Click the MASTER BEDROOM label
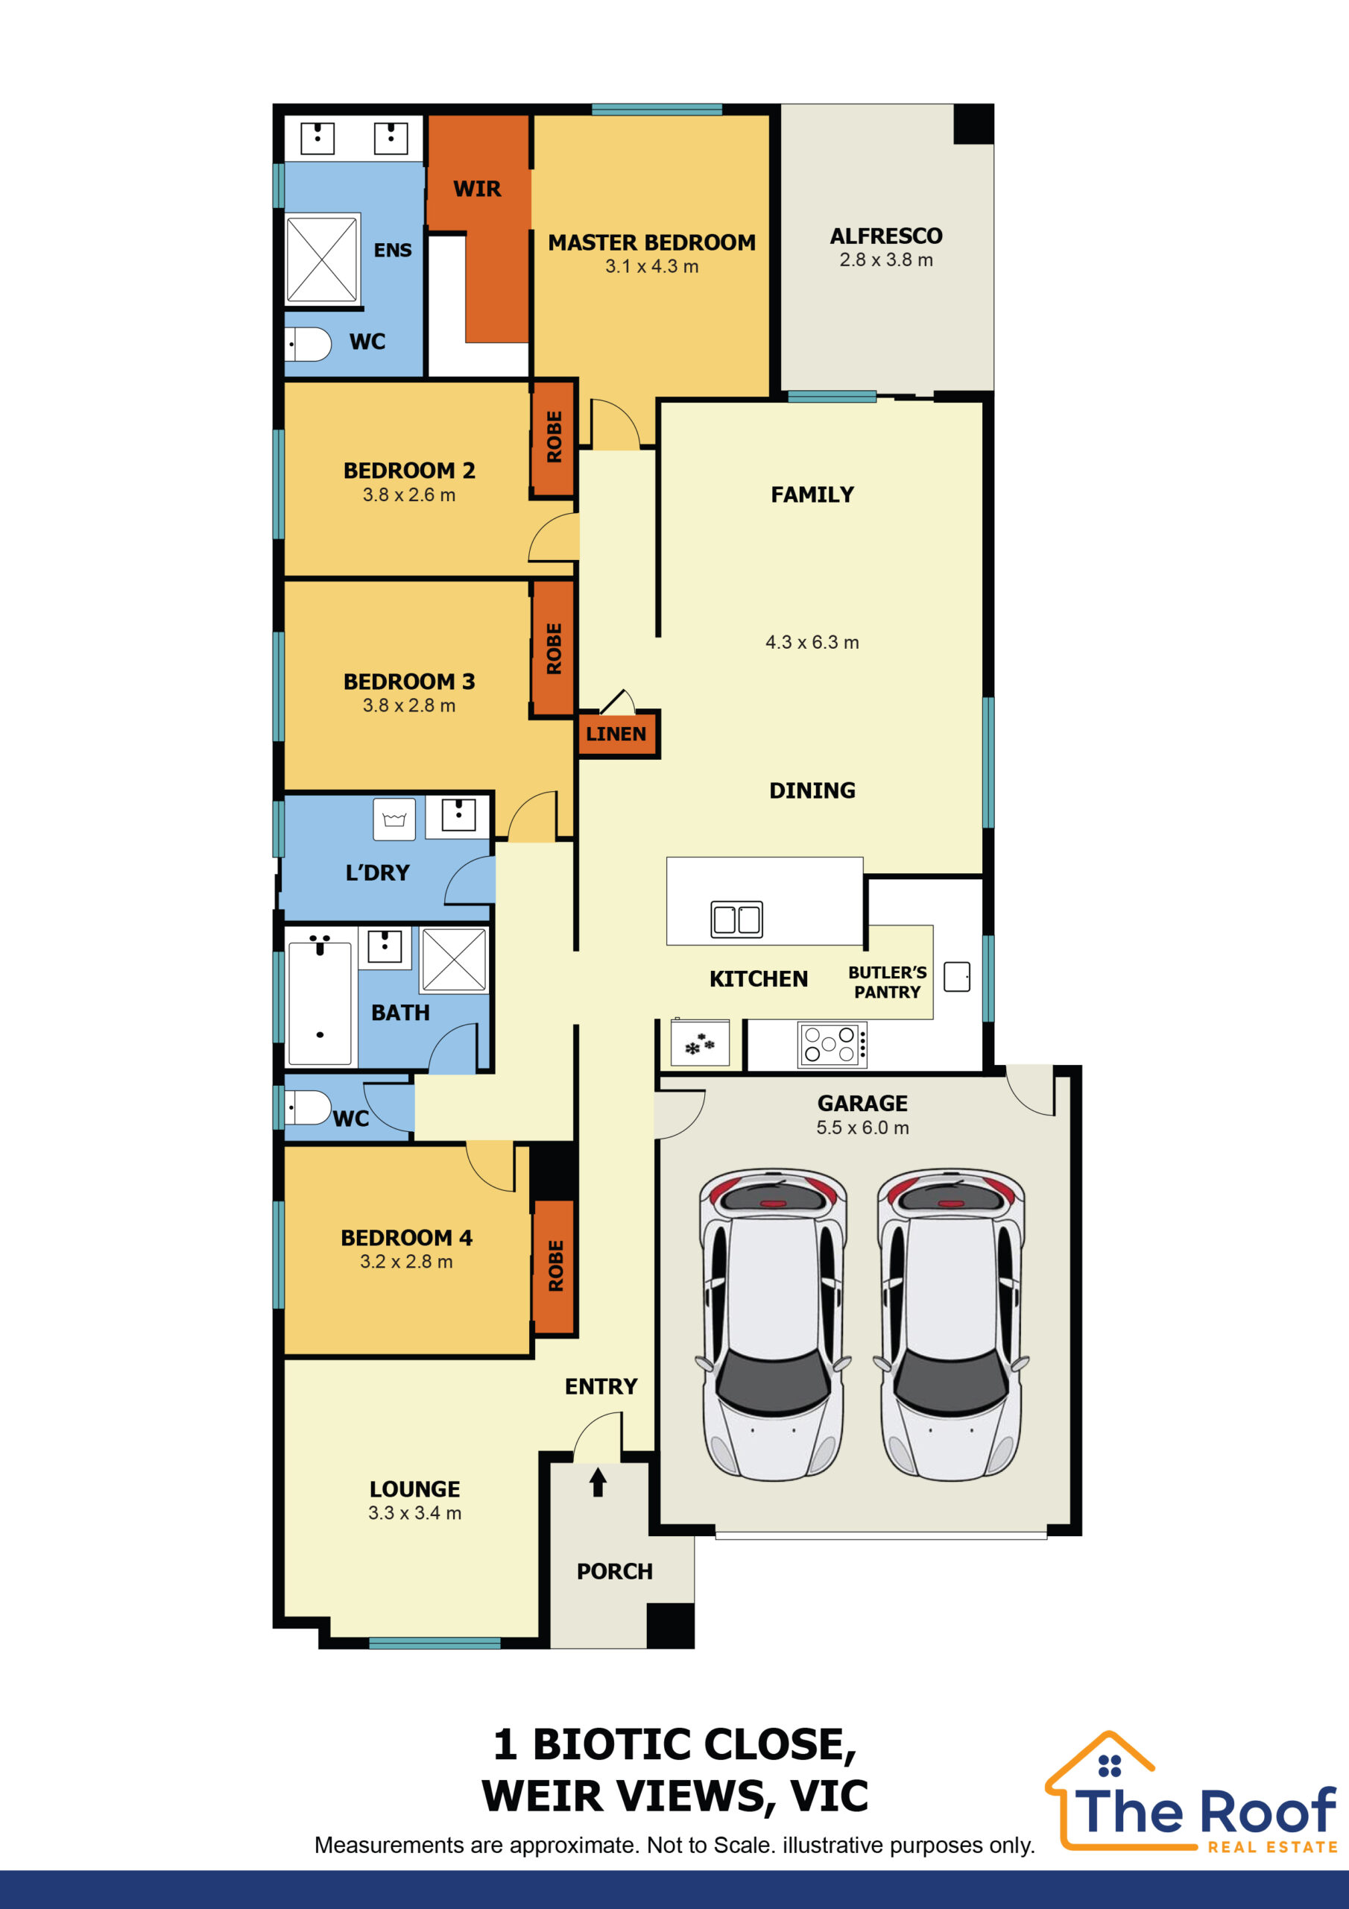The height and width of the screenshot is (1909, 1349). click(651, 243)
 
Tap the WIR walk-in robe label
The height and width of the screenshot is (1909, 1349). click(477, 189)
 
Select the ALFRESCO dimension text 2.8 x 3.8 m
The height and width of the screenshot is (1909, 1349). click(886, 260)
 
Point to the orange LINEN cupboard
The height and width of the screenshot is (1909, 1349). click(616, 733)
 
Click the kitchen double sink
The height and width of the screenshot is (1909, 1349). click(736, 919)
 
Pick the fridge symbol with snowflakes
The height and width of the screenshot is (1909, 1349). click(700, 1043)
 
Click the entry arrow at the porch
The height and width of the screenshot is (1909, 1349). click(598, 1482)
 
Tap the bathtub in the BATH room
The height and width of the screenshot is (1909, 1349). click(320, 1003)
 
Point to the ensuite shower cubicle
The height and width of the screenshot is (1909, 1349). click(322, 259)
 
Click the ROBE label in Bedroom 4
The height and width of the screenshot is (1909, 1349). click(556, 1265)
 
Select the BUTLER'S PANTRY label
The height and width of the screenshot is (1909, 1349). click(887, 982)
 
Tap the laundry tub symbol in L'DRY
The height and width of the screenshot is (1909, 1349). click(394, 819)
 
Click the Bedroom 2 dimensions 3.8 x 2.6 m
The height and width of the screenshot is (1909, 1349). click(409, 494)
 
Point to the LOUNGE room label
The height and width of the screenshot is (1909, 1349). click(414, 1488)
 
